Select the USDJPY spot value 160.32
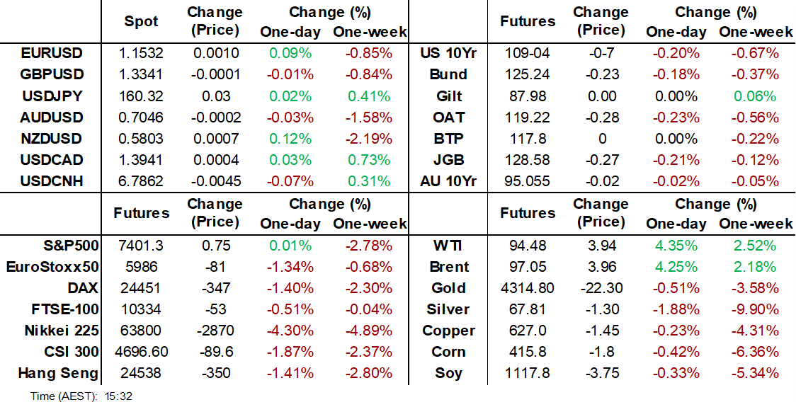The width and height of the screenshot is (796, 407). coord(142,96)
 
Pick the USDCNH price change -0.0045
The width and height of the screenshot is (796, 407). coord(214,181)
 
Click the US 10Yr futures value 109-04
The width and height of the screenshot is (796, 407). coord(528,53)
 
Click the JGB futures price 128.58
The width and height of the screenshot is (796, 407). coord(528,160)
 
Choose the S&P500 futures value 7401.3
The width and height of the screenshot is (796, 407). coord(142,246)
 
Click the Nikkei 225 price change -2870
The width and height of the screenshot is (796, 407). coord(214,331)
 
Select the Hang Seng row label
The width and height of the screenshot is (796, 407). coord(58,374)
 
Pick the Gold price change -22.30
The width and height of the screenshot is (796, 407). coord(601,289)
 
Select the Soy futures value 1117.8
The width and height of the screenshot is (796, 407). coord(528,374)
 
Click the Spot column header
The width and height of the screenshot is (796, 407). coord(142,21)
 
